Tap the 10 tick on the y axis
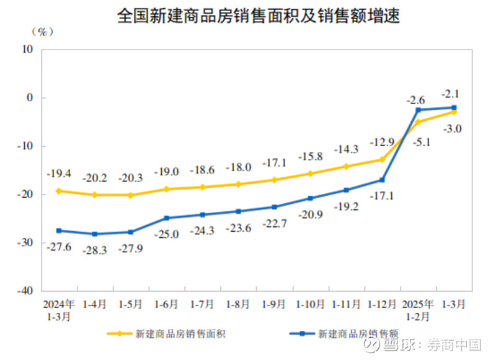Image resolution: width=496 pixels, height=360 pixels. click(x=29, y=50)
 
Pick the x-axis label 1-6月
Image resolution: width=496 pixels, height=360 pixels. click(x=166, y=304)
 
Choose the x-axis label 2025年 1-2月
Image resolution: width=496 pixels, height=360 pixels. click(x=418, y=310)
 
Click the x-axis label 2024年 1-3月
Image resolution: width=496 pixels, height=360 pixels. click(x=59, y=310)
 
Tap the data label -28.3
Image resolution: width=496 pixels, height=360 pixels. click(x=94, y=248)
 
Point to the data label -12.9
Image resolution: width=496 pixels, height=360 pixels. click(x=381, y=143)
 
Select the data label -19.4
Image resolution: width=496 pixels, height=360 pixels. click(x=58, y=175)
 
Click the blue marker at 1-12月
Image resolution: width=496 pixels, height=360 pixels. click(x=383, y=180)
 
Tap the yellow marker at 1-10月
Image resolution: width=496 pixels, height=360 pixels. click(x=310, y=173)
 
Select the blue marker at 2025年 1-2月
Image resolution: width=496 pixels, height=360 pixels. click(x=418, y=110)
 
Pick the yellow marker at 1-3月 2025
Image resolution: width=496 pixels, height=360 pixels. click(x=454, y=112)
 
